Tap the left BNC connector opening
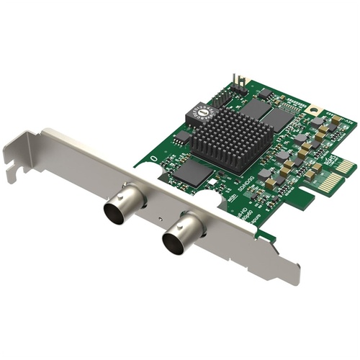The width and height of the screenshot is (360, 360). pyautogui.click(x=115, y=213)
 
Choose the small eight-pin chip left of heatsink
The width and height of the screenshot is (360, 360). pyautogui.click(x=183, y=137)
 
